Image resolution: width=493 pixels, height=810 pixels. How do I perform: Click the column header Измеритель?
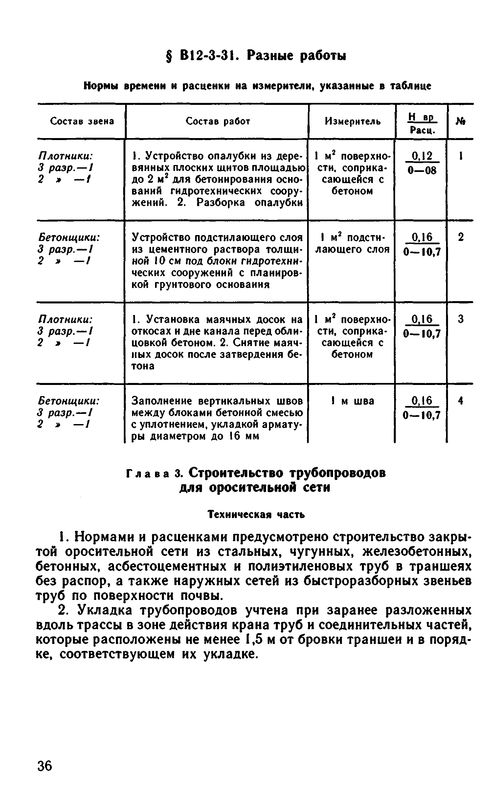click(x=353, y=122)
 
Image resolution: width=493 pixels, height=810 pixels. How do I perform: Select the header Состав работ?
click(x=218, y=121)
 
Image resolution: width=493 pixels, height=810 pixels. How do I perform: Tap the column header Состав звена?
click(x=82, y=121)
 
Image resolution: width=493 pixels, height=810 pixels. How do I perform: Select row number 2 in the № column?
click(x=461, y=237)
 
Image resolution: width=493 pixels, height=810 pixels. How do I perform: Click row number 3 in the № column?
click(x=461, y=319)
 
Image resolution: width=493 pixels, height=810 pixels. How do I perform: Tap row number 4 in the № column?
click(x=461, y=401)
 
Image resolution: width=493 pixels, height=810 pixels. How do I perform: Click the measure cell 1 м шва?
click(x=352, y=401)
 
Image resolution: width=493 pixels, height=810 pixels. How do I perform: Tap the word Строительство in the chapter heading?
click(x=235, y=473)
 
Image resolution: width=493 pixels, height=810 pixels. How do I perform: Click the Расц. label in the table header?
click(x=422, y=131)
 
